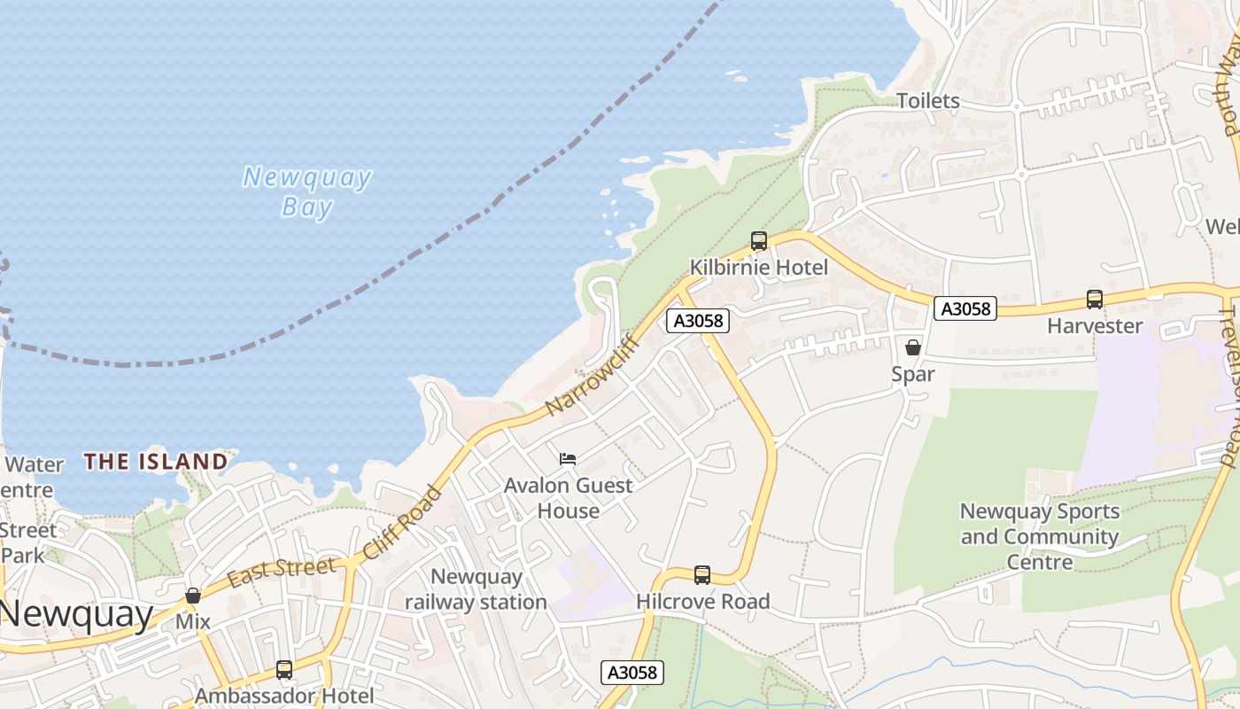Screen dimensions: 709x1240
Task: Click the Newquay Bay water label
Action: pos(306,192)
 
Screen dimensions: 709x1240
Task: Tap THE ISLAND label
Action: pos(156,461)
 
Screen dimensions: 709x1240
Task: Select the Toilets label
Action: pos(927,101)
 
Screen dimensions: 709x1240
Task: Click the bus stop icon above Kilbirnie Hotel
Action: pos(758,240)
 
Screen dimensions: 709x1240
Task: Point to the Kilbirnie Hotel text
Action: pos(759,268)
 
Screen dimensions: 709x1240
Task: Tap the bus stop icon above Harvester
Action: pos(1095,300)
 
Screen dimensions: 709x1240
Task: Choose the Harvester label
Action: pos(1095,326)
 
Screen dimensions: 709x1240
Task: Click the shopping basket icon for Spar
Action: pos(913,347)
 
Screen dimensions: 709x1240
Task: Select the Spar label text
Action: pos(913,374)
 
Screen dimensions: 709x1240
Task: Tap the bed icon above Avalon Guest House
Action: pos(568,458)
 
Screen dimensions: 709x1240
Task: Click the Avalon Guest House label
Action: pos(568,498)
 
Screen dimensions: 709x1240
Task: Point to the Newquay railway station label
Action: pos(476,589)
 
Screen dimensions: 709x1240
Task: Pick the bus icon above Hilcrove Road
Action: pos(702,575)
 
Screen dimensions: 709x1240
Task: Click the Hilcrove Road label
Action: pos(703,602)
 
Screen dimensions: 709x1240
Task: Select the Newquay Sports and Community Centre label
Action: pos(1040,536)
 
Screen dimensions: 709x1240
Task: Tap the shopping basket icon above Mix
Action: pos(193,596)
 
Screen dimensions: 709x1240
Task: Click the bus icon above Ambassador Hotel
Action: pos(284,669)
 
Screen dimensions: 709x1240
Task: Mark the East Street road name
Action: pos(281,572)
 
